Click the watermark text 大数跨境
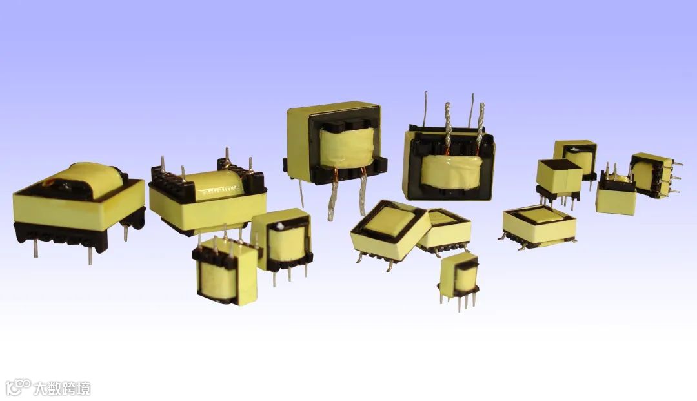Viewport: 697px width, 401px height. click(x=62, y=388)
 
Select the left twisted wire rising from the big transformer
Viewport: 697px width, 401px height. click(x=447, y=129)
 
